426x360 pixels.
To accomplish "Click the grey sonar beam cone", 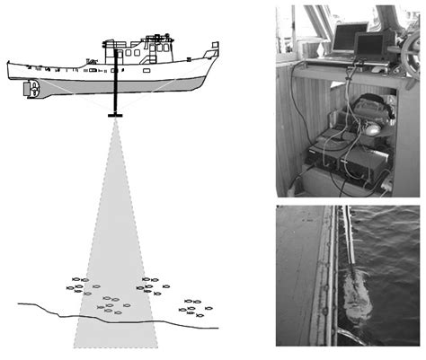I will pos(115,233).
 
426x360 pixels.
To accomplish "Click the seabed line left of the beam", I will pos(45,310).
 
